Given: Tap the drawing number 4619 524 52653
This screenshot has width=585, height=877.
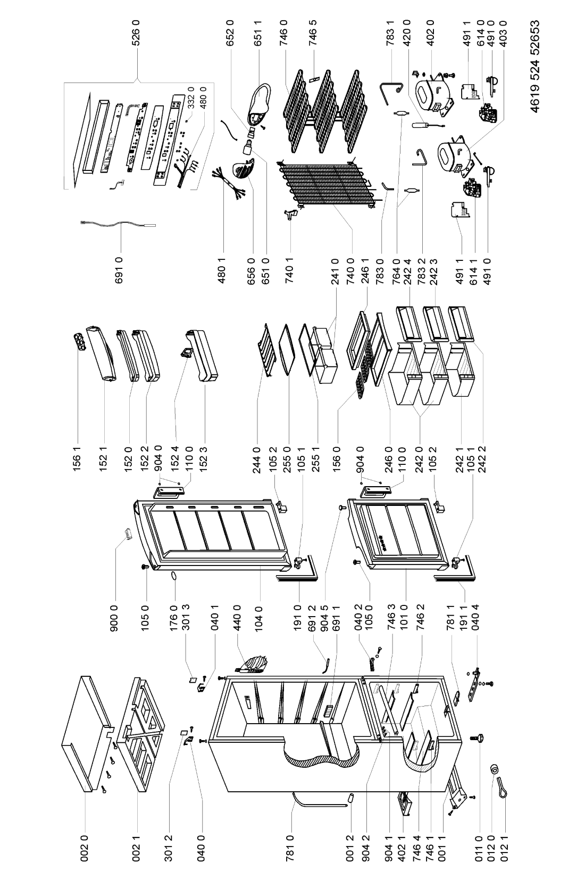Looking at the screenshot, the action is (x=535, y=66).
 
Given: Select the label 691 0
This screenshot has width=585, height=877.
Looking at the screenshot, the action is (x=119, y=270).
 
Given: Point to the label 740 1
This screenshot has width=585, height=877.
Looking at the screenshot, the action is (x=290, y=270).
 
